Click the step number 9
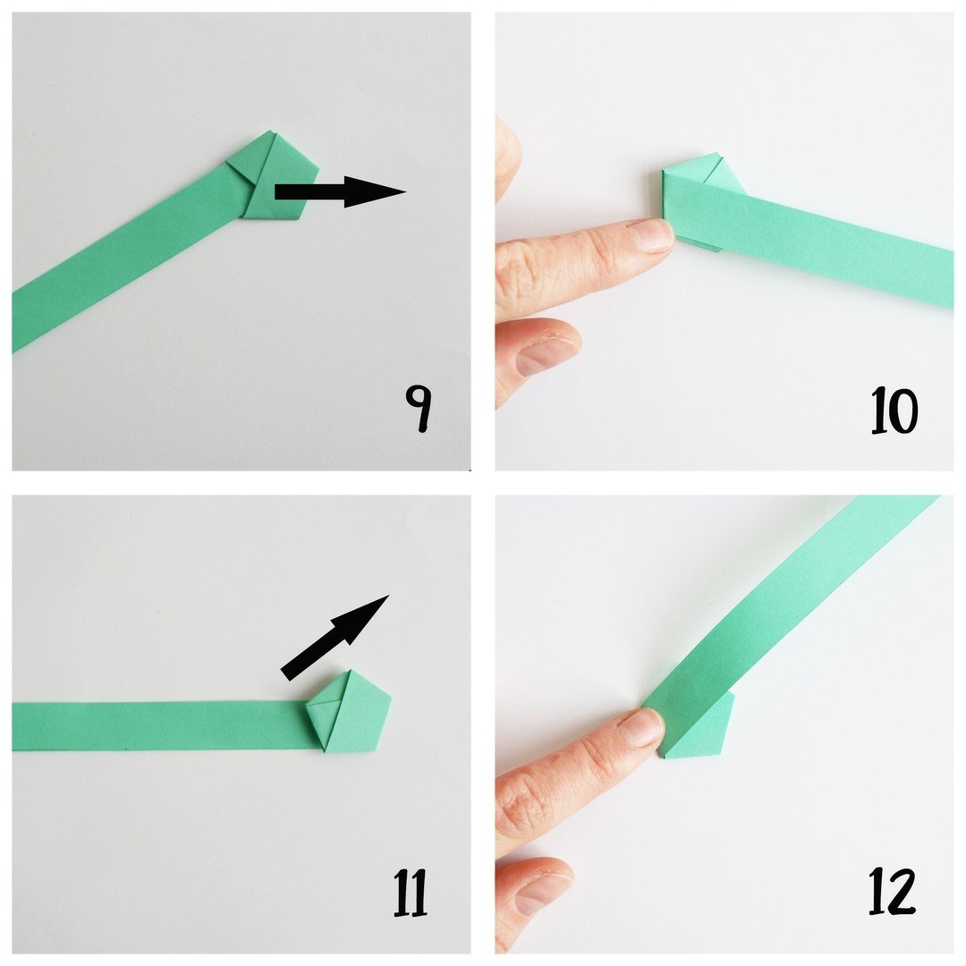418,409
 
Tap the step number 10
894,411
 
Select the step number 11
411,893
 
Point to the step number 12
892,891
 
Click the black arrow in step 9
340,191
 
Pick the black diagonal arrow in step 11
335,638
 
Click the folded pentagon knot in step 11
349,712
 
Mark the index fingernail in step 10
652,236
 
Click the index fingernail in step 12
643,727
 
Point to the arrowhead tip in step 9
406,191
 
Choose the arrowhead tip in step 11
389,595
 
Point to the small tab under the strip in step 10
702,246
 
